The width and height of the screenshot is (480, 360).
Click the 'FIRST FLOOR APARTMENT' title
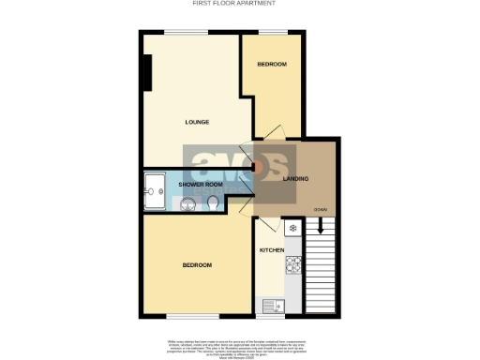233,4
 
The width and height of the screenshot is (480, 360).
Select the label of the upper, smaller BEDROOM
272,65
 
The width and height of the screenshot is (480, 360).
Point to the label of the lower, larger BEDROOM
197,265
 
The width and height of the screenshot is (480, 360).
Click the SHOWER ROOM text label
200,185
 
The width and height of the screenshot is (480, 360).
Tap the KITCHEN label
271,251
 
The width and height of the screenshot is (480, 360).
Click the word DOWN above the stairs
321,209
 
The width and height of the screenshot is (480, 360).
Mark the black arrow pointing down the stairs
320,225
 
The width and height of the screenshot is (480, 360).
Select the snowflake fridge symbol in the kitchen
292,228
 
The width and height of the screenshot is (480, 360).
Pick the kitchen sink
273,304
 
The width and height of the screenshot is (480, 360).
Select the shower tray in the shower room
154,192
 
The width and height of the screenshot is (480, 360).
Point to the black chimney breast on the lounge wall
146,73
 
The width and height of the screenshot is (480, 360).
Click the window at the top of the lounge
181,33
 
